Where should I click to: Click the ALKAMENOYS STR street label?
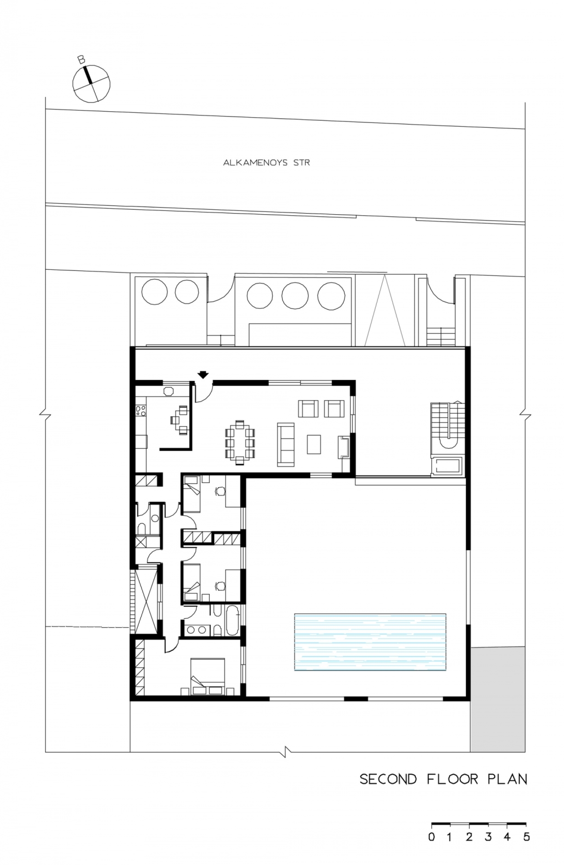[266, 162]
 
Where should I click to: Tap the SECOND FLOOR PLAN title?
[443, 779]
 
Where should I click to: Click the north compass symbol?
[91, 84]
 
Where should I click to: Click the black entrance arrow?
[203, 374]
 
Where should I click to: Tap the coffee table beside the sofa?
[314, 444]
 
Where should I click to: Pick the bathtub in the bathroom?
[232, 620]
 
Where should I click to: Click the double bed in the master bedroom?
[208, 676]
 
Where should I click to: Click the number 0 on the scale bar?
[431, 837]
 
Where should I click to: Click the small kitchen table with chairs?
[180, 420]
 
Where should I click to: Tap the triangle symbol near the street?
[385, 311]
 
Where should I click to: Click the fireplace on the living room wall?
[344, 447]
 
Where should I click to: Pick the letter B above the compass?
[81, 59]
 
